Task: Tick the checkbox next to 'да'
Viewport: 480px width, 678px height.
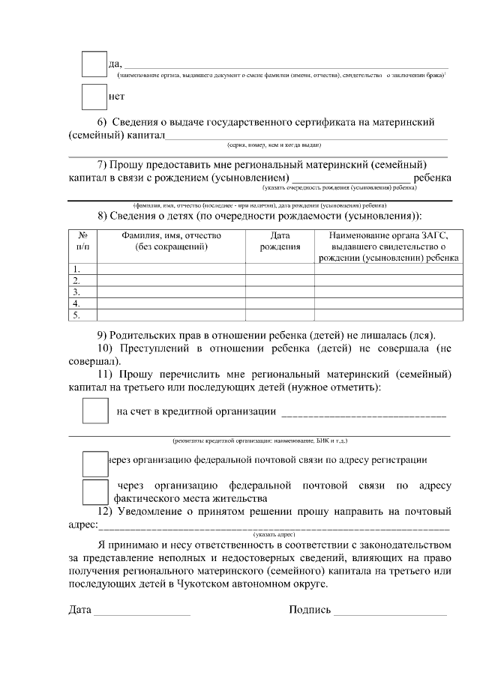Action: (x=94, y=64)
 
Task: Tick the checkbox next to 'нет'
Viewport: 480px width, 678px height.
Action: (x=94, y=97)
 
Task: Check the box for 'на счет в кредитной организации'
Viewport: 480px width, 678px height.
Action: (x=94, y=411)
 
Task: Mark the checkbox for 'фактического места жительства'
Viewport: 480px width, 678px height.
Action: (x=94, y=491)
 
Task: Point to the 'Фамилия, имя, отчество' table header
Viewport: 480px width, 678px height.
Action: (x=171, y=240)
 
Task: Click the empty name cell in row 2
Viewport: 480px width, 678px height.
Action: (x=171, y=280)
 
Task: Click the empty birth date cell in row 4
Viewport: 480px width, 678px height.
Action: (x=280, y=303)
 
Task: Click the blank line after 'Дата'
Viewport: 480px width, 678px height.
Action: (x=141, y=611)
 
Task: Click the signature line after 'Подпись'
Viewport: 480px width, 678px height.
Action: (x=390, y=611)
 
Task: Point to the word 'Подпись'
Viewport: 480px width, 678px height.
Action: (x=310, y=609)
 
